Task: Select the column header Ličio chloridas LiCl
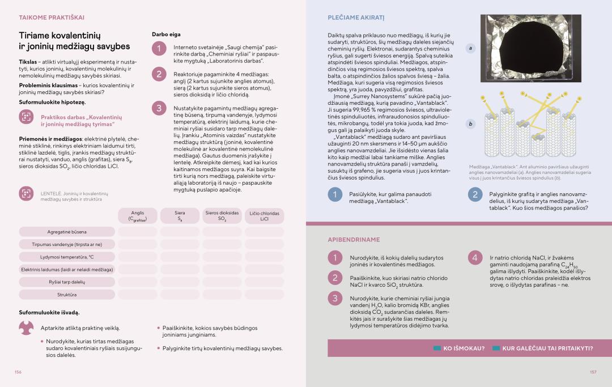(x=264, y=216)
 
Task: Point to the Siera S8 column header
(x=180, y=216)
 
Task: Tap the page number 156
(x=18, y=372)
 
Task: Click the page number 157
(x=593, y=372)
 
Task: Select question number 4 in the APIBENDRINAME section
(x=475, y=258)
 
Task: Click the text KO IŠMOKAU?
(x=464, y=348)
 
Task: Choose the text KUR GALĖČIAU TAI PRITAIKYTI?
(x=547, y=348)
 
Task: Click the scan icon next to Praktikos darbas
(x=26, y=117)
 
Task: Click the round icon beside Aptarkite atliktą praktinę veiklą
(x=26, y=328)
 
